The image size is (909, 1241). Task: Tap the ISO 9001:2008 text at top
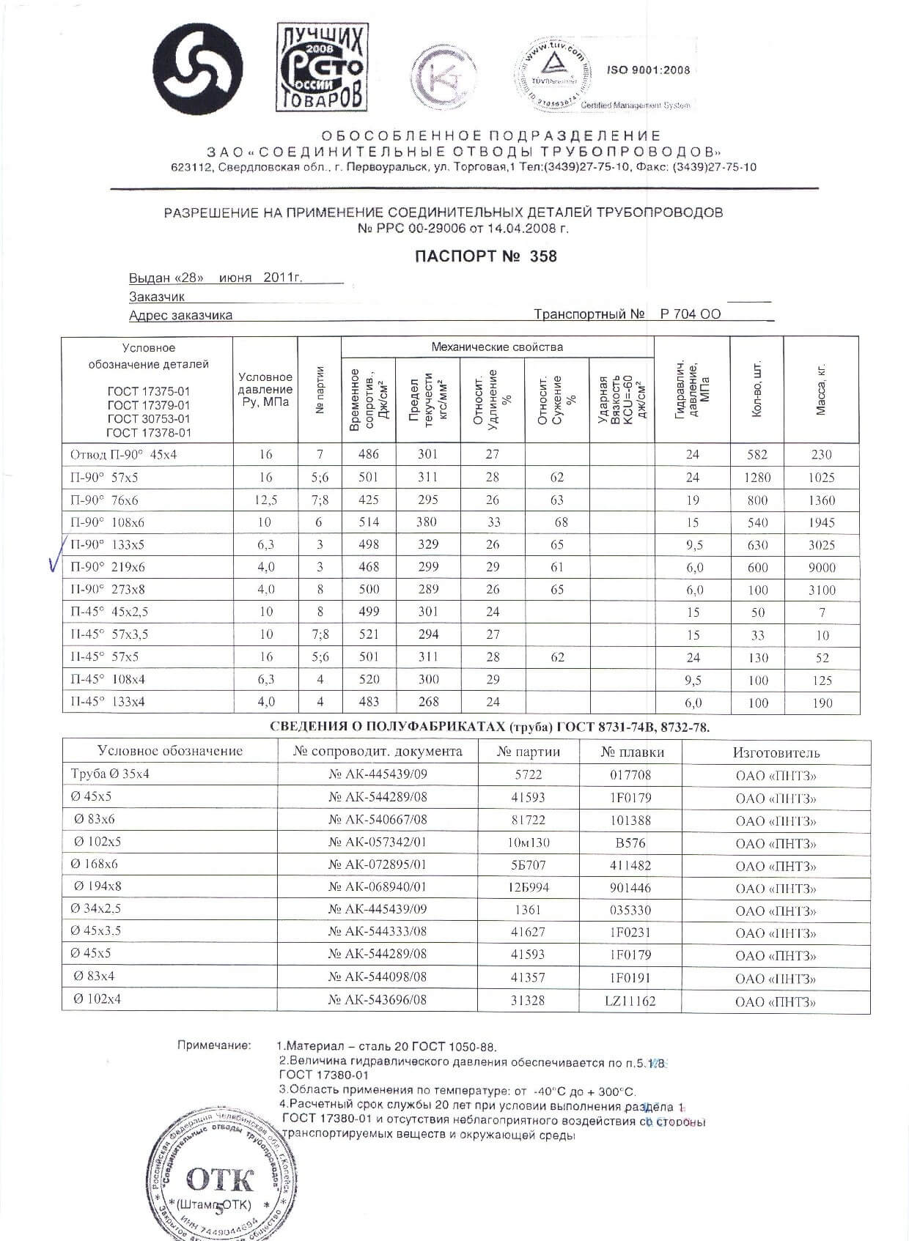pyautogui.click(x=648, y=70)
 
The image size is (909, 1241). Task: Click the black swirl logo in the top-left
pyautogui.click(x=197, y=69)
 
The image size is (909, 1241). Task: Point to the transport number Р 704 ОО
pyautogui.click(x=690, y=314)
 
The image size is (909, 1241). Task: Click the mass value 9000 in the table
pyautogui.click(x=821, y=568)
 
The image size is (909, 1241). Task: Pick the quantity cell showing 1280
pyautogui.click(x=757, y=478)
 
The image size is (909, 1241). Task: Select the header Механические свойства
pyautogui.click(x=497, y=347)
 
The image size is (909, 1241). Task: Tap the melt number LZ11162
pyautogui.click(x=630, y=1001)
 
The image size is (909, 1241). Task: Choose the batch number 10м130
pyautogui.click(x=528, y=843)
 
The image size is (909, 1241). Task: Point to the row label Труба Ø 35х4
pyautogui.click(x=110, y=774)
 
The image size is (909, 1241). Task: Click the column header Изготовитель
pyautogui.click(x=776, y=752)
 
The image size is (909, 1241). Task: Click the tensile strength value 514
pyautogui.click(x=369, y=522)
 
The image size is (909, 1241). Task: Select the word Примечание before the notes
pyautogui.click(x=214, y=1045)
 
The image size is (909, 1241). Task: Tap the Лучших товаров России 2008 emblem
pyautogui.click(x=321, y=67)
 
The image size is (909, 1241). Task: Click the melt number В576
pyautogui.click(x=630, y=843)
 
